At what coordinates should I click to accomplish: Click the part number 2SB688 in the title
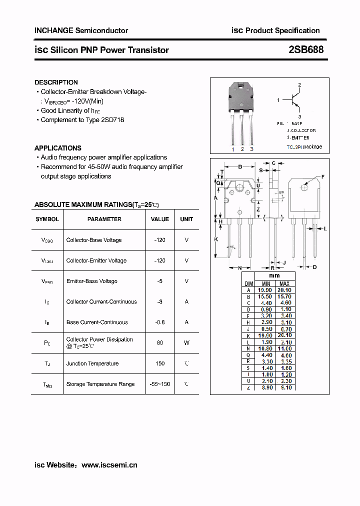tap(306, 49)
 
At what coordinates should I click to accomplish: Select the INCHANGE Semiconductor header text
tap(81, 30)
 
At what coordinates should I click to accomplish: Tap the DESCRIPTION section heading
tap(56, 82)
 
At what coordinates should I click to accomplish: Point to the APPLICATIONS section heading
tap(57, 148)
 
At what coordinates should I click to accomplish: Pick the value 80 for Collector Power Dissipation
tap(159, 343)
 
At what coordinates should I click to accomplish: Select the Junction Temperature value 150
tap(159, 363)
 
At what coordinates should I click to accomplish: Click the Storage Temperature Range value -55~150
tap(159, 384)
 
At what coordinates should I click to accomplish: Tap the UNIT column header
tap(186, 219)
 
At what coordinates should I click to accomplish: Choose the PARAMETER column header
tap(104, 219)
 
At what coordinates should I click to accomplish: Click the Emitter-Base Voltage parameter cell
tap(91, 281)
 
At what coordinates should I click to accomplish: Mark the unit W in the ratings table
tap(186, 343)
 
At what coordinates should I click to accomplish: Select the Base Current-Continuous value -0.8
tap(159, 322)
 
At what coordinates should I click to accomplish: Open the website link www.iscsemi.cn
tap(109, 465)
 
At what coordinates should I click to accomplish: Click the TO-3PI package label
tap(304, 147)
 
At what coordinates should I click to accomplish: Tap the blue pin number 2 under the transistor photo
tap(242, 149)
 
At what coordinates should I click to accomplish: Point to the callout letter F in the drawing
tap(322, 177)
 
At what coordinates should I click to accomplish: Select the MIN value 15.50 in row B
tap(264, 296)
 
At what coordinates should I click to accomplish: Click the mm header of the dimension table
tap(274, 275)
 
